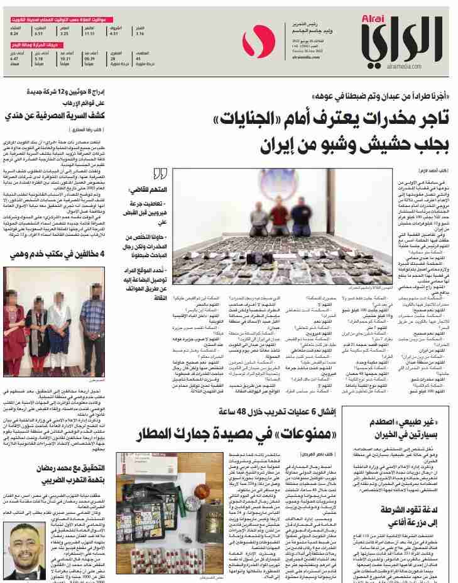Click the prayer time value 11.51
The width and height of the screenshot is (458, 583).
tap(89, 33)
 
